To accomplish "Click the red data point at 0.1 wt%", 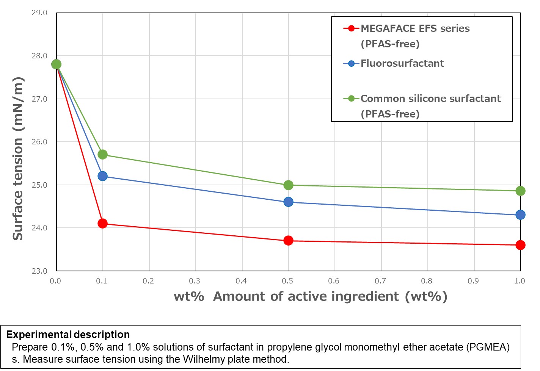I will coord(102,224).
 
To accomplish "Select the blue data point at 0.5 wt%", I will coord(288,202).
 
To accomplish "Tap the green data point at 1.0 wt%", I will coord(520,191).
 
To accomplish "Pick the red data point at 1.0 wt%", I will coord(520,245).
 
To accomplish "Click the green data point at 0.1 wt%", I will coord(102,155).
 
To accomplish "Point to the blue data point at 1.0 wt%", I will coord(520,215).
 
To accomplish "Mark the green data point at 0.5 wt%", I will coord(288,185).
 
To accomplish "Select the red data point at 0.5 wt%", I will coord(288,241).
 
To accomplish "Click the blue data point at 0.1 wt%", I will coord(102,176).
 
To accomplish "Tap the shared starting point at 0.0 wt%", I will coord(56,64).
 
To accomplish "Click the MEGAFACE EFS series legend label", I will coord(415,29).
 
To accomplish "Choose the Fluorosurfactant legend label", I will coord(402,63).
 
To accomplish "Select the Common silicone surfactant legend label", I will coord(430,99).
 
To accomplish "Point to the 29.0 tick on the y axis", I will coord(39,13).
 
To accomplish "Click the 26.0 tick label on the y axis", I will coord(39,142).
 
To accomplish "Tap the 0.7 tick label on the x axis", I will coord(380,281).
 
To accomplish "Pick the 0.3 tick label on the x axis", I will coord(195,281).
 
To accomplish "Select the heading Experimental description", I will coord(68,335).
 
